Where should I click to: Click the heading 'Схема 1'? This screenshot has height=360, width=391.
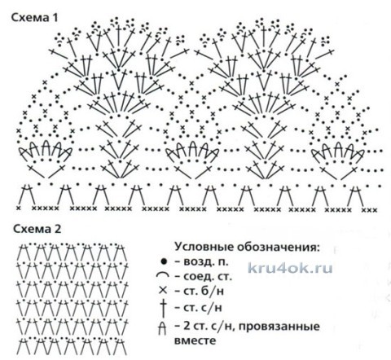(x=34, y=18)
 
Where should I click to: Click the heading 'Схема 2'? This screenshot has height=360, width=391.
(x=37, y=230)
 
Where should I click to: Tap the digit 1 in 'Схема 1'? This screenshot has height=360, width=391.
(x=55, y=18)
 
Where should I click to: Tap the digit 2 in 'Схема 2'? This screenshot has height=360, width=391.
(x=58, y=230)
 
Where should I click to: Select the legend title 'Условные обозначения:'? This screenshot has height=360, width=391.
(x=247, y=248)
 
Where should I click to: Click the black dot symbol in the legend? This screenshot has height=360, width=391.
(x=164, y=261)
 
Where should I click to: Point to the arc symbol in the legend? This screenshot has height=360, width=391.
(x=163, y=275)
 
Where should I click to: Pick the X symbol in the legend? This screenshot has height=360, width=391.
(x=163, y=291)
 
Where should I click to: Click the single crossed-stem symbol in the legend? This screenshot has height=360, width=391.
(x=163, y=308)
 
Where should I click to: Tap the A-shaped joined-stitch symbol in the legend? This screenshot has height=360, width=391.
(x=162, y=327)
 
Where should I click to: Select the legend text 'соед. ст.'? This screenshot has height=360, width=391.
(x=208, y=277)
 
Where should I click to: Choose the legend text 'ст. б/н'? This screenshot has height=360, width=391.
(x=204, y=291)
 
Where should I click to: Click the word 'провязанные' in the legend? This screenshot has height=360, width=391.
(x=279, y=327)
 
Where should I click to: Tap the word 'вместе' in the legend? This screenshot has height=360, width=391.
(x=195, y=340)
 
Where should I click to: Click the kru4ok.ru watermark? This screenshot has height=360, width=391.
(x=290, y=268)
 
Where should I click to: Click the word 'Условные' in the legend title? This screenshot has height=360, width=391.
(x=204, y=248)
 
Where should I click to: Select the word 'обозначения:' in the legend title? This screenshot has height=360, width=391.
(x=278, y=248)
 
